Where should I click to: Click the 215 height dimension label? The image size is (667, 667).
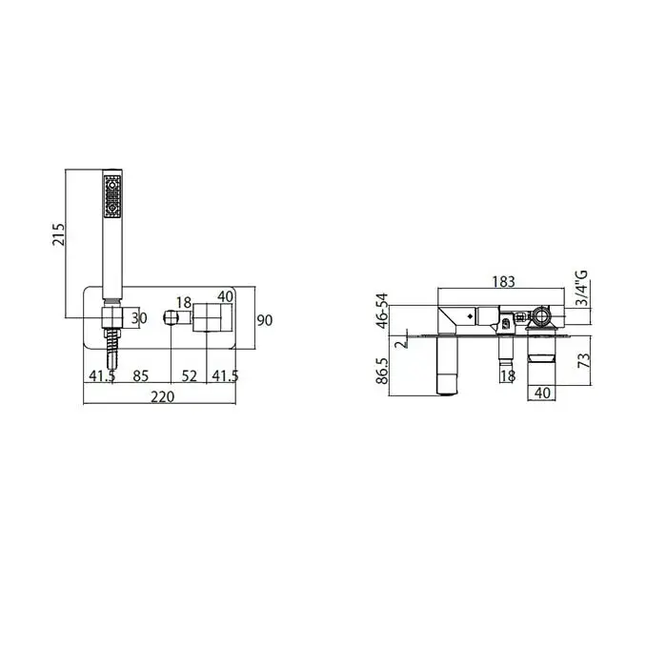58,234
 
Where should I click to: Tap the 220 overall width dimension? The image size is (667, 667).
163,396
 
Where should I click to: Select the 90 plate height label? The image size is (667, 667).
264,320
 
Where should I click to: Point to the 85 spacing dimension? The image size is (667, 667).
141,376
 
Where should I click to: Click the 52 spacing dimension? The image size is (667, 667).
190,376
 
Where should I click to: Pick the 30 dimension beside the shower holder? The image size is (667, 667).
139,318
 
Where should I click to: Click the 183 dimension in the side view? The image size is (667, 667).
504,282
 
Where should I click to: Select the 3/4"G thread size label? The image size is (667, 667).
581,288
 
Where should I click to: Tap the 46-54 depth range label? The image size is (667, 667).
382,311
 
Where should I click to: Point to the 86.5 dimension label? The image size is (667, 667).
382,371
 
